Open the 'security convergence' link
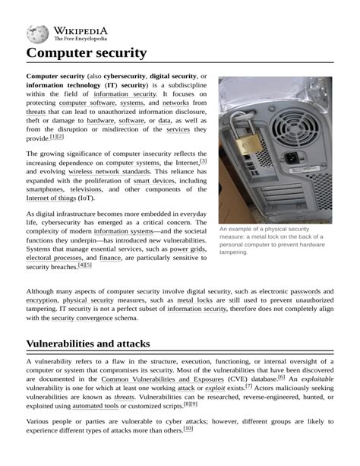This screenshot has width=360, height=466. [96, 319]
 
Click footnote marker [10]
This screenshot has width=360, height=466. [188, 429]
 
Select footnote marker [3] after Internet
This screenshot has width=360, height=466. [203, 161]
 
